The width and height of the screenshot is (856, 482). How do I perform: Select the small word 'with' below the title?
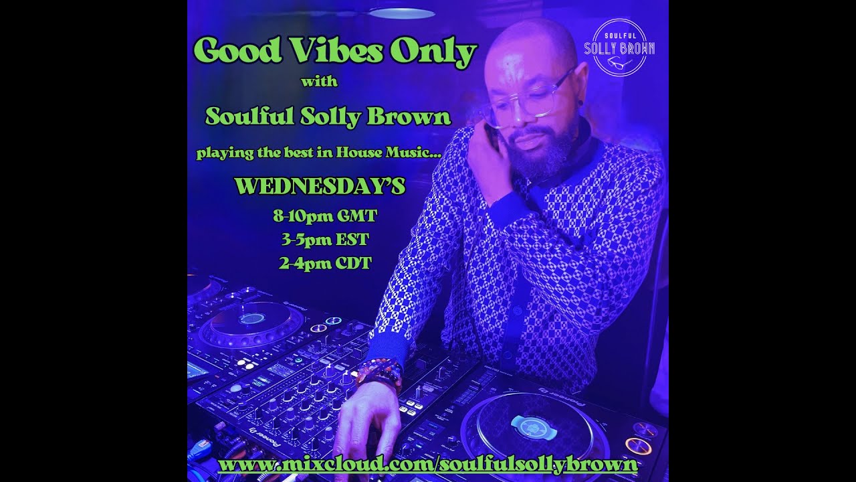(x=319, y=83)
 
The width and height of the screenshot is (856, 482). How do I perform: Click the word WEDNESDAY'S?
(x=320, y=186)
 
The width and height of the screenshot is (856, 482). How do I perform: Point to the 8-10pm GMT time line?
(x=320, y=216)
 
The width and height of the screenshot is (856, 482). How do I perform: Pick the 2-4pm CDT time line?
(x=324, y=262)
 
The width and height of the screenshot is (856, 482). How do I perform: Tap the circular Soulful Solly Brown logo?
(x=619, y=48)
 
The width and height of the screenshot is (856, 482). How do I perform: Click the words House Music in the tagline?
(x=394, y=153)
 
